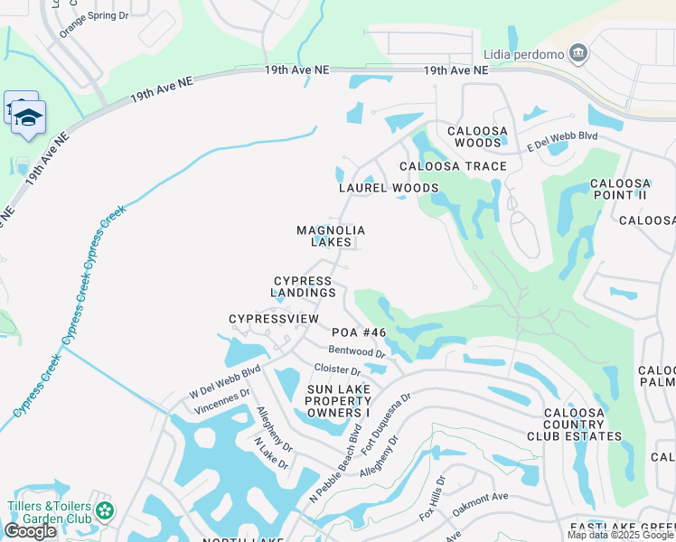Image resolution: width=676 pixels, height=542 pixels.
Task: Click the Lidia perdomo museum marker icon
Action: (x=579, y=54)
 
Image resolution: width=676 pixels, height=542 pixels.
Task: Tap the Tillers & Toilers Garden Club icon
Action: (x=106, y=511)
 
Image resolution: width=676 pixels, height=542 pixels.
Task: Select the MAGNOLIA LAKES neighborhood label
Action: (x=331, y=236)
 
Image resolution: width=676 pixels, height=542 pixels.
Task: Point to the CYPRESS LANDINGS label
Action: (x=304, y=286)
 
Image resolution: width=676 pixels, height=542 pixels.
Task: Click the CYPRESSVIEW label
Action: (x=274, y=319)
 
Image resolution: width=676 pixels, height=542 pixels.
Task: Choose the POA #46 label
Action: (x=359, y=332)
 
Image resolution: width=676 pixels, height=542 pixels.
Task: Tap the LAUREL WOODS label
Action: (x=389, y=188)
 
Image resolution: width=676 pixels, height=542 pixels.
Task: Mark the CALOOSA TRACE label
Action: (x=453, y=166)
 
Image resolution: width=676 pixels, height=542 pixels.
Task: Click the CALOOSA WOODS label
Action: (x=478, y=136)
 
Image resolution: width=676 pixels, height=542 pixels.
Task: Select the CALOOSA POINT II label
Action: (x=619, y=189)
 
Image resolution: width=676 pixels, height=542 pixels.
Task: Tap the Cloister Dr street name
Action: (x=337, y=369)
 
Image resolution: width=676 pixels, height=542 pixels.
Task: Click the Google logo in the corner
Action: (x=31, y=530)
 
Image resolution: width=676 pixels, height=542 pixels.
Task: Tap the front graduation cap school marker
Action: (x=29, y=118)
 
